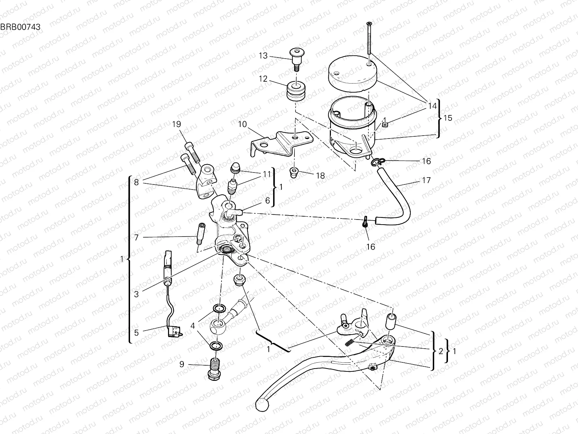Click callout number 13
[x=263, y=56]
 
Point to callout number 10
[x=242, y=124]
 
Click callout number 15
[x=448, y=118]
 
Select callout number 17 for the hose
[x=426, y=180]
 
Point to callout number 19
[x=176, y=124]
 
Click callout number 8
[x=136, y=182]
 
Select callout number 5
[x=136, y=332]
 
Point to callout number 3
[x=136, y=294]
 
